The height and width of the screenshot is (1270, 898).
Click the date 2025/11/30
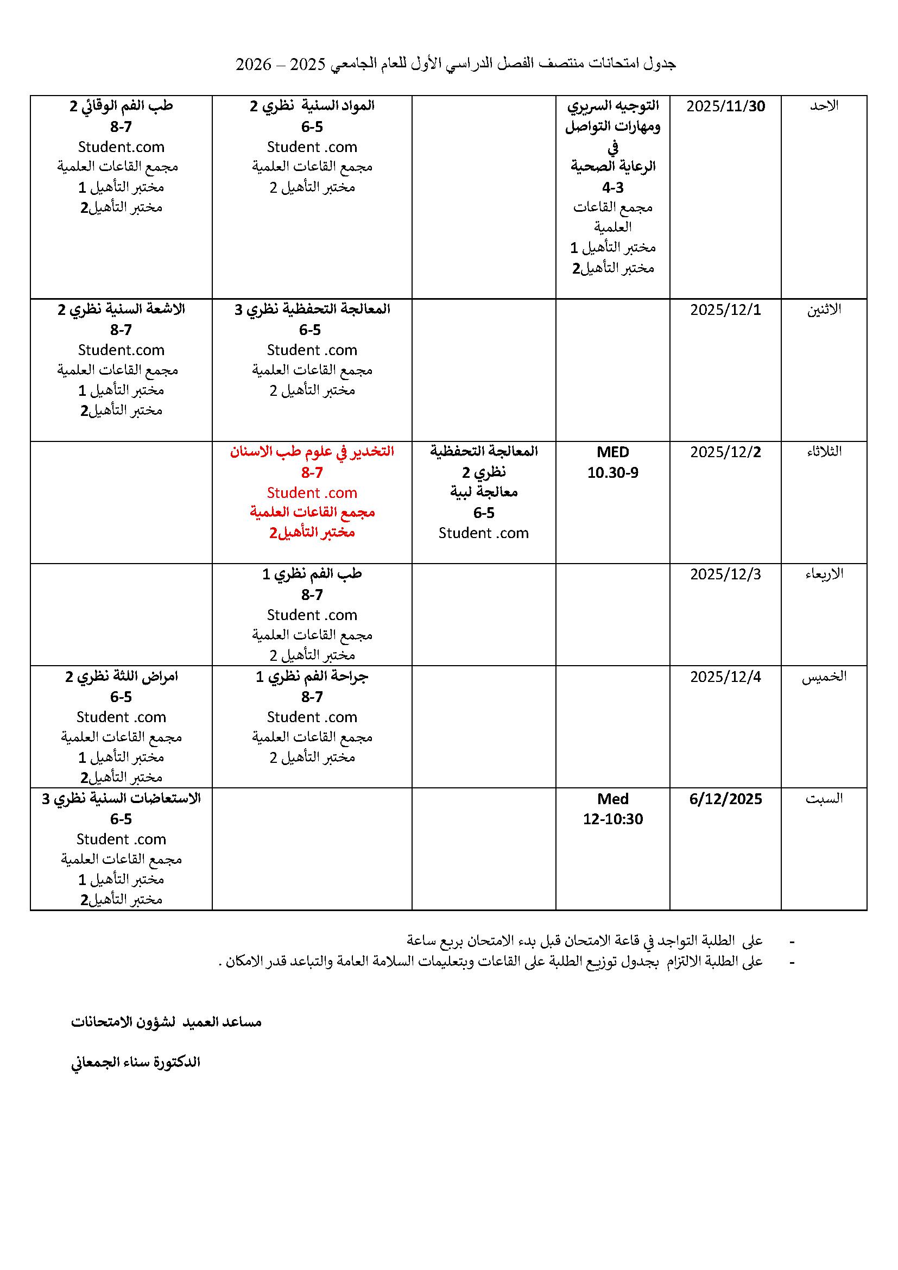(x=725, y=106)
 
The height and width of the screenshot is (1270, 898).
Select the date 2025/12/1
(x=725, y=309)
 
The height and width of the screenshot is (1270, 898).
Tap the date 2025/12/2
(x=725, y=452)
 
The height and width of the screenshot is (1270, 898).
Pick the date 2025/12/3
(x=725, y=574)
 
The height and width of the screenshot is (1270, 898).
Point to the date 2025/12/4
(x=725, y=677)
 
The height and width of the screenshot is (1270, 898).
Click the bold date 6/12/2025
(x=725, y=799)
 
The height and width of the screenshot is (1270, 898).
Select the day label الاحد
(x=824, y=106)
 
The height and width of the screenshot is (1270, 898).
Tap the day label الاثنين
(x=824, y=309)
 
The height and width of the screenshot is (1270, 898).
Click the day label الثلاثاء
(x=824, y=451)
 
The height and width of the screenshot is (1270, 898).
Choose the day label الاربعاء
(x=824, y=573)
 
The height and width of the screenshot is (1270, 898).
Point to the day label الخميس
(x=824, y=677)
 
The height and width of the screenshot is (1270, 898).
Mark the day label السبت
(x=824, y=798)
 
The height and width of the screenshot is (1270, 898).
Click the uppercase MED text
(x=612, y=452)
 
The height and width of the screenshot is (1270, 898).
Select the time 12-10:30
(x=612, y=819)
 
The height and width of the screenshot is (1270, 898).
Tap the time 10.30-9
(x=612, y=473)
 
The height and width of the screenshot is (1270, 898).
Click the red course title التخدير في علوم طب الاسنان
(x=312, y=451)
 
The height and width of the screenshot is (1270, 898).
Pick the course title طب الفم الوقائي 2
(x=121, y=106)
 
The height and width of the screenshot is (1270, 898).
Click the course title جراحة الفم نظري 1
(x=312, y=677)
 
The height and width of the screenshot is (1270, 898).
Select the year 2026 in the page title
(x=254, y=64)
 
